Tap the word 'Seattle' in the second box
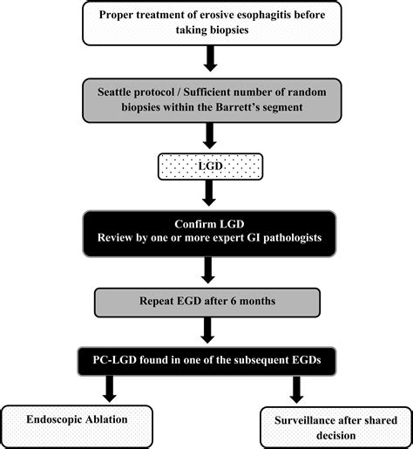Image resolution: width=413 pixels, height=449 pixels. click(114, 92)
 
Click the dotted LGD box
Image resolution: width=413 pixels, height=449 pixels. click(211, 167)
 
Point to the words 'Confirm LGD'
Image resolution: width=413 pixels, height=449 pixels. click(209, 224)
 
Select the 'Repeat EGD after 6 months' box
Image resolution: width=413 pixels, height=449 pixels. click(207, 303)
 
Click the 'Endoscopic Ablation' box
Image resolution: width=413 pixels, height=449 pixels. click(78, 426)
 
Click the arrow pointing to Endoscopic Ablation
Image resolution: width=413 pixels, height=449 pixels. click(110, 389)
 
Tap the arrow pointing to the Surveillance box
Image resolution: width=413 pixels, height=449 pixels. click(296, 390)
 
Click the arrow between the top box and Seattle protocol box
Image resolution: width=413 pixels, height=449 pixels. click(211, 58)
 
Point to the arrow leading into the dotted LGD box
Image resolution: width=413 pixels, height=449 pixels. click(210, 136)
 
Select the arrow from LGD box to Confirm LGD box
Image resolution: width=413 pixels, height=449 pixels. click(209, 194)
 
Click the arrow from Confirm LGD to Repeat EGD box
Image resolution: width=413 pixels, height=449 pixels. click(208, 270)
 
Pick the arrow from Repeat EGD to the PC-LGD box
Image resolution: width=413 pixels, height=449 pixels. click(207, 330)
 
